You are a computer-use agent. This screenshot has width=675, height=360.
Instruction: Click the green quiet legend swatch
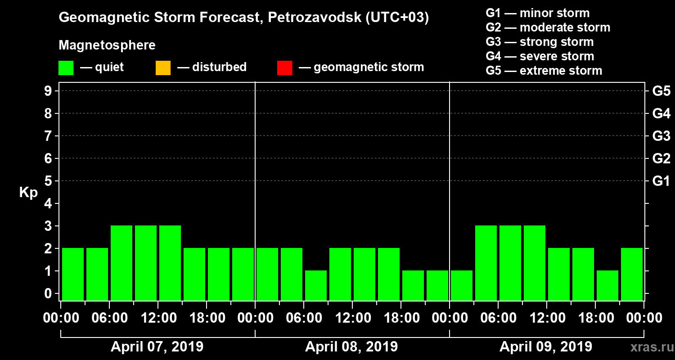click(66, 68)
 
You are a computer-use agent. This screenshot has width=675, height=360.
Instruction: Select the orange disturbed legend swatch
click(163, 68)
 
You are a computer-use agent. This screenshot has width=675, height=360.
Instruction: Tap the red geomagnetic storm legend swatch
click(284, 68)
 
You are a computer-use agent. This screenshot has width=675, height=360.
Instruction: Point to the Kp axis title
click(28, 193)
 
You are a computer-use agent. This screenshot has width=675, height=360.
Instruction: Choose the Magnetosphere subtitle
click(107, 45)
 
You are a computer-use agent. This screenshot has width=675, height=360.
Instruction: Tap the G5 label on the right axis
click(661, 91)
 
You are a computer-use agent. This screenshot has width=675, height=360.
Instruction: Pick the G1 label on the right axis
click(661, 181)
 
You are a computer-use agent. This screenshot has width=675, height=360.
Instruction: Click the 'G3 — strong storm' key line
click(540, 42)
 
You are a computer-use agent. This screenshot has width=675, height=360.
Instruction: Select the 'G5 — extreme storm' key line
click(544, 71)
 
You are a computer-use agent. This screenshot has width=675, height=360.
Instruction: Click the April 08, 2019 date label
click(351, 347)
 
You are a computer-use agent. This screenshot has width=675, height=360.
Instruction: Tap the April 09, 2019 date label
click(546, 347)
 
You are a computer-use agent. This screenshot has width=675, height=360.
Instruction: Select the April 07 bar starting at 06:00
click(121, 263)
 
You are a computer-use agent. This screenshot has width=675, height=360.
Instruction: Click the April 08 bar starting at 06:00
click(316, 285)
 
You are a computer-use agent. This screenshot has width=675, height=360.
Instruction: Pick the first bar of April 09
click(462, 285)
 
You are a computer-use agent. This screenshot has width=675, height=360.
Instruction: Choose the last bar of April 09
click(632, 274)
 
